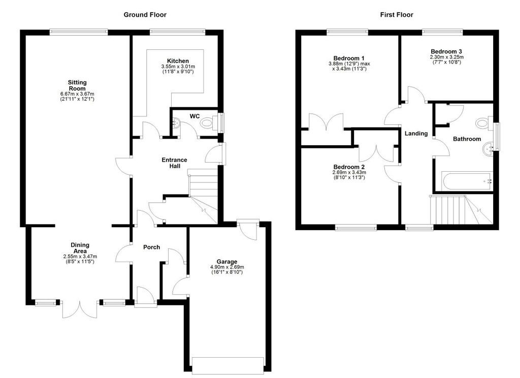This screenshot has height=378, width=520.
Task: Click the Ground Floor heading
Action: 145,15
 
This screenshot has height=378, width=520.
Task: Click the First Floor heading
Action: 397,15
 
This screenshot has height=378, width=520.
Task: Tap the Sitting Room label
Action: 77,85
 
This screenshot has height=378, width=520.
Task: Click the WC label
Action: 194,116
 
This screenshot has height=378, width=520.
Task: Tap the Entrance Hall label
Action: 174,163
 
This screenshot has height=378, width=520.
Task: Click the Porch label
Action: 151,247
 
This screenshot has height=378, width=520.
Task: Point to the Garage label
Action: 225,262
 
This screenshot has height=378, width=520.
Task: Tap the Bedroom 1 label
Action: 348,58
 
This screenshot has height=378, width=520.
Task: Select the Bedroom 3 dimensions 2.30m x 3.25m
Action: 446,57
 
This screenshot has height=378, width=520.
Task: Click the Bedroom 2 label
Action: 348,167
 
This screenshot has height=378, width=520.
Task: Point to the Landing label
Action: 416,134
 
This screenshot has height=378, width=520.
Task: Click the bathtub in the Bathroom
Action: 467,180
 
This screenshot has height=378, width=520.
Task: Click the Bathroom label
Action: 467,139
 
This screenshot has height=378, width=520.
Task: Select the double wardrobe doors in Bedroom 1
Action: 326,122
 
